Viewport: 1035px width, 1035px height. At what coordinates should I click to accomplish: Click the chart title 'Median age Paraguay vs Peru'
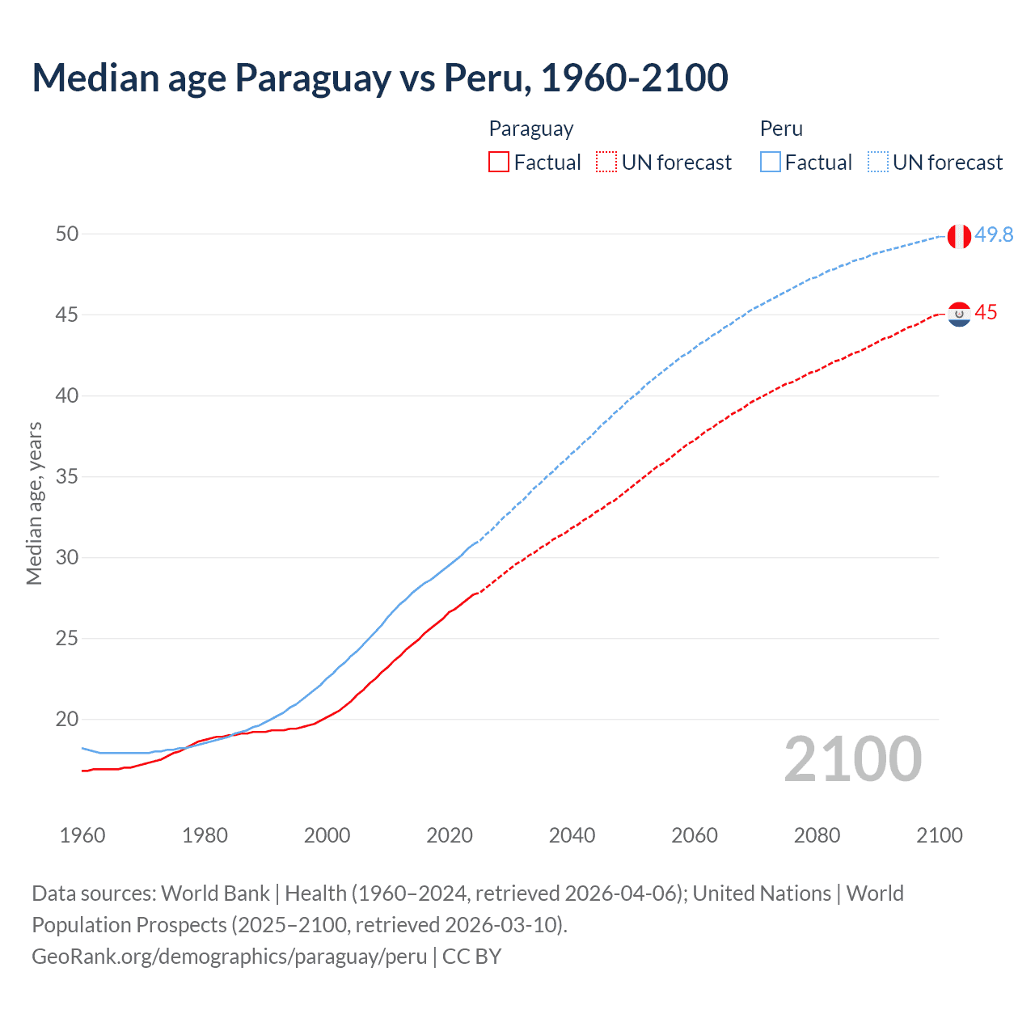(380, 78)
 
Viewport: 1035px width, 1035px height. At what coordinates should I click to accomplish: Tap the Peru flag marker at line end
(959, 236)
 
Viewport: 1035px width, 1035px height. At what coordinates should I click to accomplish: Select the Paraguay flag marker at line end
(959, 314)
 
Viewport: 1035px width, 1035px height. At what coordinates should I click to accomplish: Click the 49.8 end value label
(994, 234)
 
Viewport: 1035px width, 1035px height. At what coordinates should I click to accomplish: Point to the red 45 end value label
(986, 313)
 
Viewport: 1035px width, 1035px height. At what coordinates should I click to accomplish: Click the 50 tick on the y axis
(67, 234)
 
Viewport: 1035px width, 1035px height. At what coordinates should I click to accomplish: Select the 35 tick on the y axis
(67, 477)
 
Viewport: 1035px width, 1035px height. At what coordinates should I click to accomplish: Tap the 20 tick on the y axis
(67, 720)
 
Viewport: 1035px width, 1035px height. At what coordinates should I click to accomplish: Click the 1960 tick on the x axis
(82, 835)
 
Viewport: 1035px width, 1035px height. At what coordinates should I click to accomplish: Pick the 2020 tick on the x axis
(450, 835)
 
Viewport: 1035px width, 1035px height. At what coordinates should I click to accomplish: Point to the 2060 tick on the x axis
(695, 835)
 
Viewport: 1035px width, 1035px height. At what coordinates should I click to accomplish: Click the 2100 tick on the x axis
(939, 835)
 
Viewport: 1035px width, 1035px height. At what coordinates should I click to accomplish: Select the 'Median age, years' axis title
(34, 503)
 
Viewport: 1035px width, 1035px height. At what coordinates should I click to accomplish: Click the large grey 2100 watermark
(853, 759)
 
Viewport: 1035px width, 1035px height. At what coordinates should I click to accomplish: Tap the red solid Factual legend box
(499, 163)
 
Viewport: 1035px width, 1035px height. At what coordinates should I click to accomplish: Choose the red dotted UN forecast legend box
(606, 163)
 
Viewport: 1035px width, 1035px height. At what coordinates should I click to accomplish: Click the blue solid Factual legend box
(771, 163)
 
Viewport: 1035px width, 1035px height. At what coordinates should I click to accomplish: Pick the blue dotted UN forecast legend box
(878, 163)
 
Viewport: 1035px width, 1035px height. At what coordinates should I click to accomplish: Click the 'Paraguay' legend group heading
(531, 129)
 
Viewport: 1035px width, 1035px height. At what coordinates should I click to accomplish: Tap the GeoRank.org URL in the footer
(230, 957)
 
